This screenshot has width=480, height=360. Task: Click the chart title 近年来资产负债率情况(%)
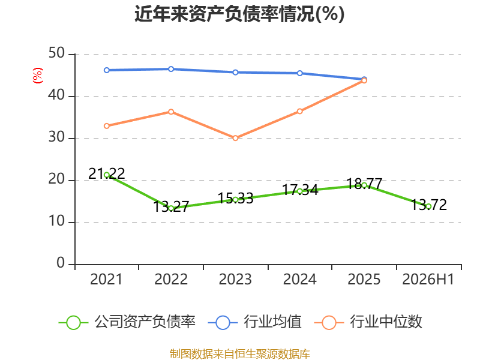[x=239, y=14]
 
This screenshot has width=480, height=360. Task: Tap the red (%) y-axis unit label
[x=38, y=76]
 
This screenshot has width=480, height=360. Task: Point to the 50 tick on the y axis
[x=56, y=53]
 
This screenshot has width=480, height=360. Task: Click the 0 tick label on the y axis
[x=61, y=263]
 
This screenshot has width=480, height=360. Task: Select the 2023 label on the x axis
[x=235, y=280]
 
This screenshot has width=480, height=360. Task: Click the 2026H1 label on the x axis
[x=428, y=280]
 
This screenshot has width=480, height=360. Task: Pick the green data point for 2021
[x=107, y=175]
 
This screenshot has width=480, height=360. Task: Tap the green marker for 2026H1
[x=428, y=206]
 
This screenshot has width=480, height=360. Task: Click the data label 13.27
[x=171, y=206]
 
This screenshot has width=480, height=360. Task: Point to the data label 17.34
[x=300, y=190]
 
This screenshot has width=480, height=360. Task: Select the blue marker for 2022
[x=171, y=69]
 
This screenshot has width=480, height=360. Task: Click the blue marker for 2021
[x=107, y=70]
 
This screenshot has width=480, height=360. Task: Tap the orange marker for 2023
[x=235, y=138]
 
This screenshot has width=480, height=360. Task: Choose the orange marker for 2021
[x=107, y=126]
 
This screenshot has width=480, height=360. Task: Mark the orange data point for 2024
[x=299, y=111]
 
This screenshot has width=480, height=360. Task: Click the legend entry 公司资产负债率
[x=127, y=322]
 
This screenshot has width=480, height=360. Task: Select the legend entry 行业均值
[x=254, y=322]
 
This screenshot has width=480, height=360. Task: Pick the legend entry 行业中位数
[x=368, y=322]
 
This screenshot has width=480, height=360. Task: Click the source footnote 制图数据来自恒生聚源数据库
[x=240, y=354]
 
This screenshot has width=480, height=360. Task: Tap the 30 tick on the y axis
[x=56, y=137]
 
